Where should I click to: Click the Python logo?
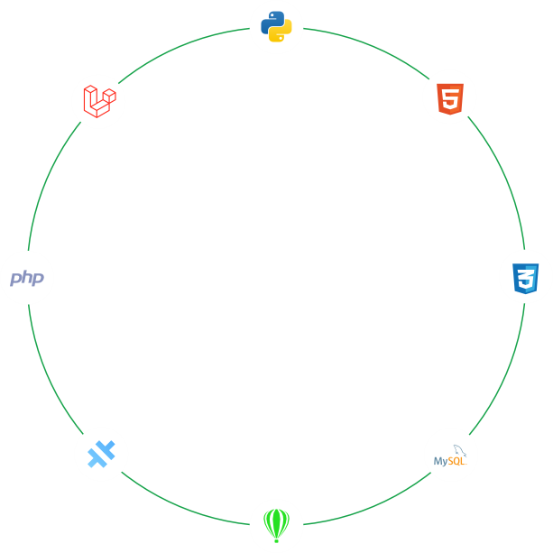tap(276, 25)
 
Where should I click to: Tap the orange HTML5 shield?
tap(450, 98)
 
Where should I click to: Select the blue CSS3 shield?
tap(525, 277)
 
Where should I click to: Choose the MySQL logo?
tap(450, 456)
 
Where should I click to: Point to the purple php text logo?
tap(27, 278)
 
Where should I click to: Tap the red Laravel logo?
tap(99, 99)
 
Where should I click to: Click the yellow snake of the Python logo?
tap(282, 32)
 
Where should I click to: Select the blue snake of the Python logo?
tap(270, 19)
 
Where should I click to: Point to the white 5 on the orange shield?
tap(450, 99)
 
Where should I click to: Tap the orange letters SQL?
tap(456, 462)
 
